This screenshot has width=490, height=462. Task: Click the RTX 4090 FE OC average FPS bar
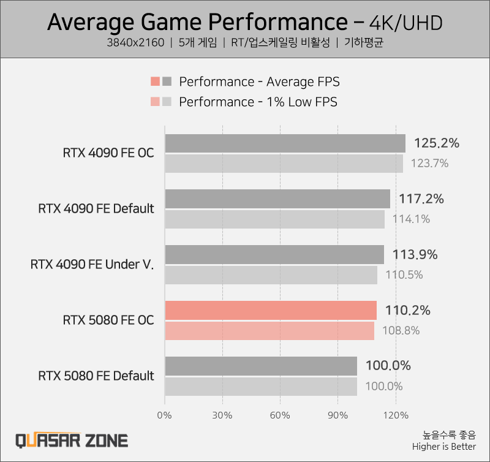tap(285, 143)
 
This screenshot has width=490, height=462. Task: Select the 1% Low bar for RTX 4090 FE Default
tap(274, 219)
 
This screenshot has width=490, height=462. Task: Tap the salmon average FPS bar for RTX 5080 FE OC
tap(271, 311)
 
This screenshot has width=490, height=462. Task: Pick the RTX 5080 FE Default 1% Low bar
tap(261, 387)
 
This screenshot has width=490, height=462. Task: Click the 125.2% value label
tap(436, 143)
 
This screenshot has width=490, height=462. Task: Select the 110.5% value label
tap(404, 275)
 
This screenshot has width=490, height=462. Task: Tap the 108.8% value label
tap(401, 330)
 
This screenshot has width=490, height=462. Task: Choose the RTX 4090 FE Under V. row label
tap(92, 265)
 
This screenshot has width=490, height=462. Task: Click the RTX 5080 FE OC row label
tap(108, 320)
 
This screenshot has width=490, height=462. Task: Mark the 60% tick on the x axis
tap(280, 415)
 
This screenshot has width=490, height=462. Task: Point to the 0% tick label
tap(165, 415)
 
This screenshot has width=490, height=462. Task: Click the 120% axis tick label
tap(396, 415)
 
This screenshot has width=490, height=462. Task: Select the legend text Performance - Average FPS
tap(259, 82)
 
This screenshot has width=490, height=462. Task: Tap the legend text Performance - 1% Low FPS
tap(258, 102)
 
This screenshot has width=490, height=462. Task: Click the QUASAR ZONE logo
tap(72, 441)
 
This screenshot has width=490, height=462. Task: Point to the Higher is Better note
tap(443, 447)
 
